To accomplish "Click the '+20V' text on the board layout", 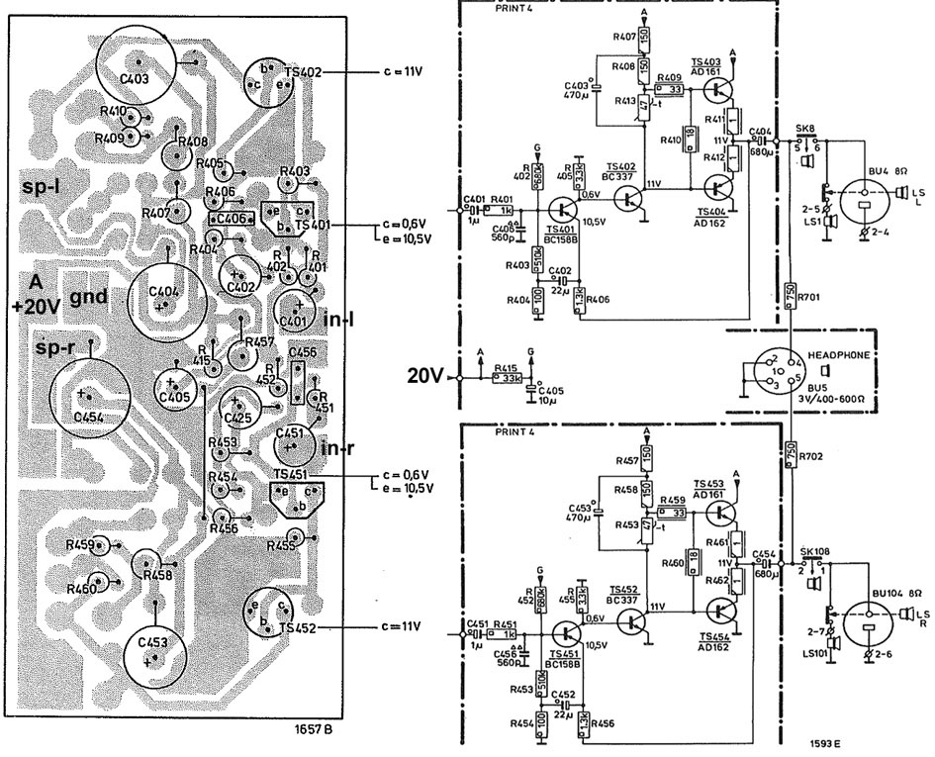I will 36,307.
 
